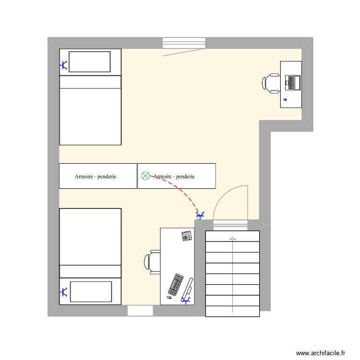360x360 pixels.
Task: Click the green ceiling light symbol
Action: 145,176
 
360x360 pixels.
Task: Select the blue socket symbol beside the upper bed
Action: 64,65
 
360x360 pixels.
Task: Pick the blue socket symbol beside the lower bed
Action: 63,291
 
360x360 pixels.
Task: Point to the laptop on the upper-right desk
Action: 292,82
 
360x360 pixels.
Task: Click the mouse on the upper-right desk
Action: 286,100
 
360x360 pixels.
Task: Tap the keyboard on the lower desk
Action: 176,285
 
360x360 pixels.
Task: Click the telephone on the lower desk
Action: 187,236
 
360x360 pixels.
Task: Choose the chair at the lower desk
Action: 152,262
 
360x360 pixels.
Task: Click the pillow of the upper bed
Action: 90,61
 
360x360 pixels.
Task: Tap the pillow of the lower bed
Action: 91,291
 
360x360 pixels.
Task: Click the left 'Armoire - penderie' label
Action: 96,177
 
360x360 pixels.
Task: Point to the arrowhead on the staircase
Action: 233,238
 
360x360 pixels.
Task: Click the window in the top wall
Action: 184,43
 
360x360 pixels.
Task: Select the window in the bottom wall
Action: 140,311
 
